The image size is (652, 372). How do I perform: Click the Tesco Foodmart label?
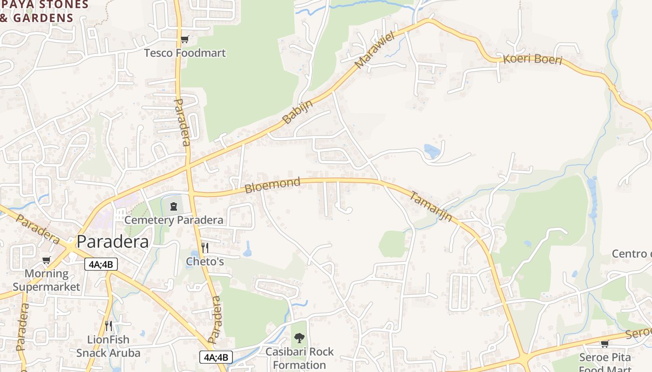(x=185, y=53)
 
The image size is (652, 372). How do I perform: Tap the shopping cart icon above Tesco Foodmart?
(x=185, y=40)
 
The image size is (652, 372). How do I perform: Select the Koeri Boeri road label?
(x=533, y=60)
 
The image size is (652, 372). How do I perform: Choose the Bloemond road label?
(x=272, y=185)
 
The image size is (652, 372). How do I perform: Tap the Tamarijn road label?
(x=431, y=206)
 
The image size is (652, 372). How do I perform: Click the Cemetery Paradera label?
(x=174, y=220)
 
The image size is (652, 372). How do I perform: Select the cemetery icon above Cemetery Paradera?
(x=174, y=206)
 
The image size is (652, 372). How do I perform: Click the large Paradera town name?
(x=113, y=242)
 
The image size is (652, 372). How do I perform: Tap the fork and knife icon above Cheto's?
(x=204, y=247)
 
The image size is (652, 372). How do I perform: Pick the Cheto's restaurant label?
(x=205, y=261)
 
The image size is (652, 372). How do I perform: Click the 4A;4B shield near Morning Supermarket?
(x=101, y=265)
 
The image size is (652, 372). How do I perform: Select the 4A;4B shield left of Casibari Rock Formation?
(x=216, y=357)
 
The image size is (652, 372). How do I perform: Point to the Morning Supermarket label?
(x=47, y=280)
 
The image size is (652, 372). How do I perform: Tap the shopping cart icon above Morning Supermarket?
(x=46, y=260)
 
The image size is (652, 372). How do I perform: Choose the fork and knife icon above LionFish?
(x=109, y=325)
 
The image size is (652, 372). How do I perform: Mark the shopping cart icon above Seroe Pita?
(x=604, y=344)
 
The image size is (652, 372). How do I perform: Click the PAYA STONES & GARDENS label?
(x=44, y=12)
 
